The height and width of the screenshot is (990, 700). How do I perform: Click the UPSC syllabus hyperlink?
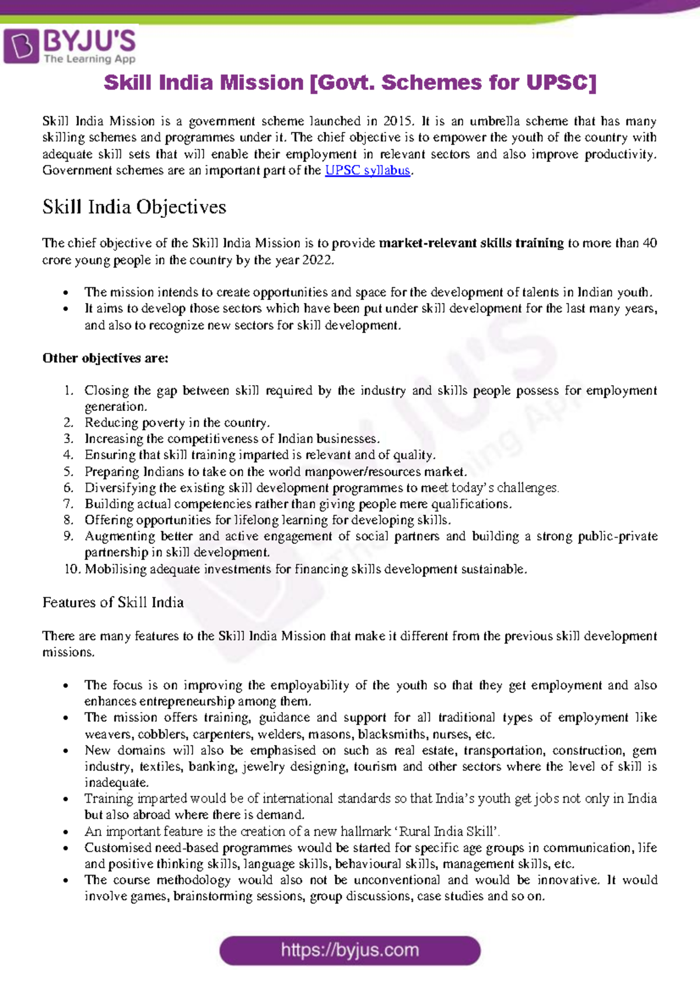coord(367,171)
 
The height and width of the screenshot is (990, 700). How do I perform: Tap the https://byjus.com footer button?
coord(350,950)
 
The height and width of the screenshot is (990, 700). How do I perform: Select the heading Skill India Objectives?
coord(134,207)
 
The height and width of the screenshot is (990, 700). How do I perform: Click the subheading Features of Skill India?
coord(113,602)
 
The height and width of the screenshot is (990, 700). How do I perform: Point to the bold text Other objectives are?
coord(105,358)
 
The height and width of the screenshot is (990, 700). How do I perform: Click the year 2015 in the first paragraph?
coord(398,121)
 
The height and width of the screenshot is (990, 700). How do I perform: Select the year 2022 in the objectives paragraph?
coord(317,260)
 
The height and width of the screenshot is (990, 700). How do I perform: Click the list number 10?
coord(71,569)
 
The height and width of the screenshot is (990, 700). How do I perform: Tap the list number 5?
coord(69,472)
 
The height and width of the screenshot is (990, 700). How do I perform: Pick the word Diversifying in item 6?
coord(120,488)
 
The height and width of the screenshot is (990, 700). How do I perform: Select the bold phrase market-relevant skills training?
coord(471,243)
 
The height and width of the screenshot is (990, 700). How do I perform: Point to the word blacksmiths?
coord(388,734)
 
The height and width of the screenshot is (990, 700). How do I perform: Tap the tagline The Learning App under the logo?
coord(89,59)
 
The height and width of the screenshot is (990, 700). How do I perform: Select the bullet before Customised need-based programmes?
coord(66,848)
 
